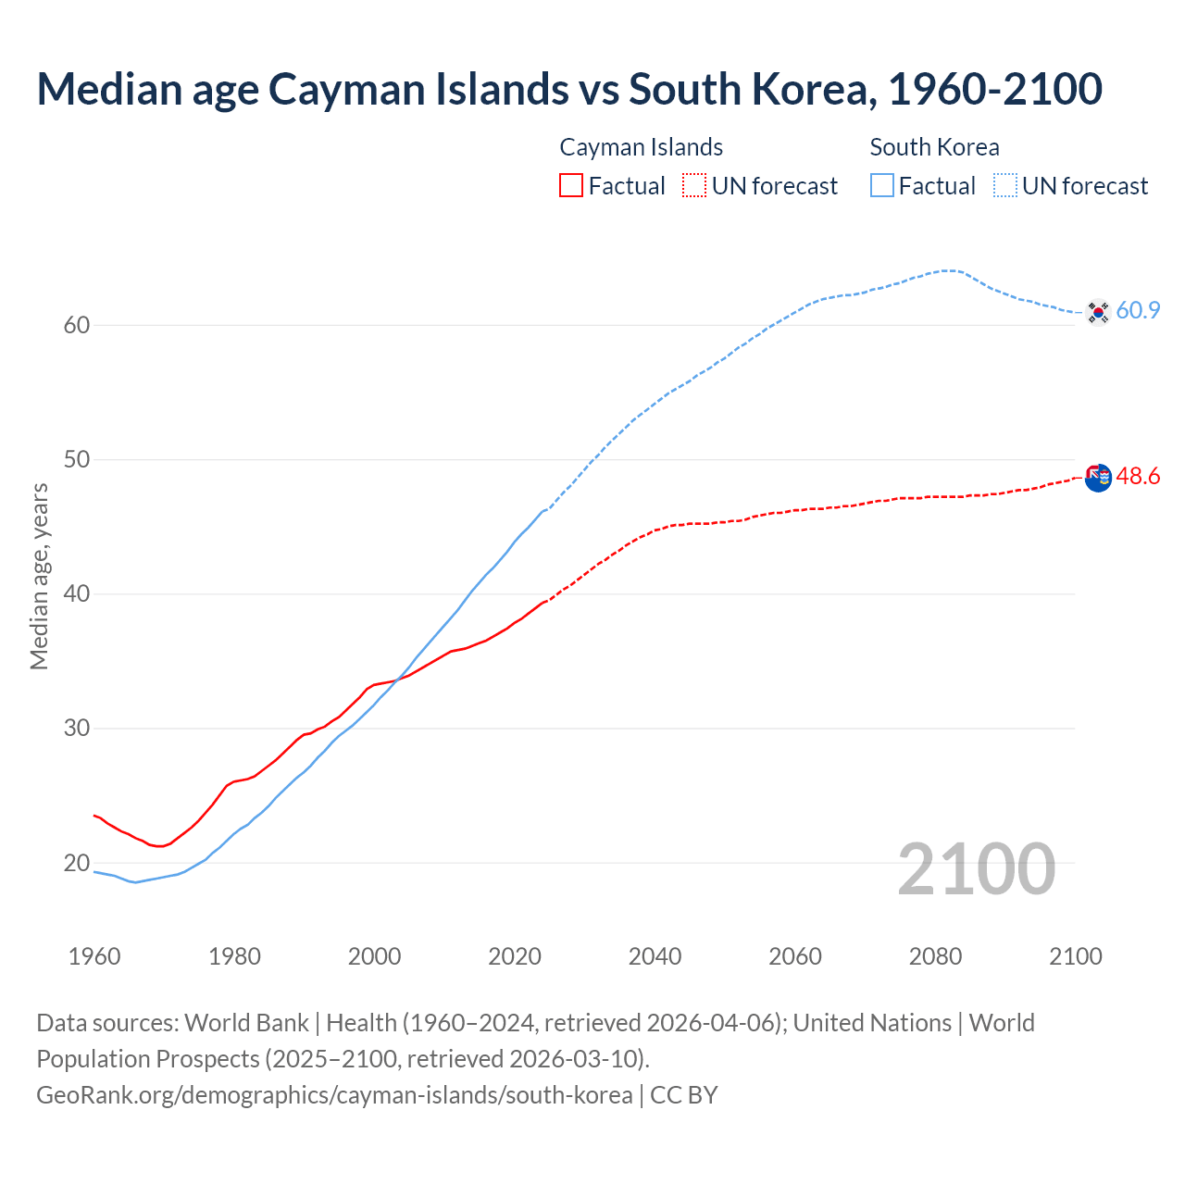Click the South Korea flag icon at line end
1098,312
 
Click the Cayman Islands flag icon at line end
1098,478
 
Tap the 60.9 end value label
1138,310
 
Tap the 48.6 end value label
1138,476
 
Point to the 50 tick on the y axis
77,460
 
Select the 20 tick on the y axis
77,863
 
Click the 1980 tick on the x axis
234,956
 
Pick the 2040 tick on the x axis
655,956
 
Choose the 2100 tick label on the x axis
1076,956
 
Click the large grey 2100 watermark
976,868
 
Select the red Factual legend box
571,185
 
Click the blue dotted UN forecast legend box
1005,185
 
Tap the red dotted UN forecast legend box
694,185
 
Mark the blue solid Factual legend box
882,185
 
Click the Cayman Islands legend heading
641,147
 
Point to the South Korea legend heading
934,147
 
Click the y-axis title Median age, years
39,576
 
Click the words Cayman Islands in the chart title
418,89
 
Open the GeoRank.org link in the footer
334,1095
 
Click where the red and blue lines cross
397,680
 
